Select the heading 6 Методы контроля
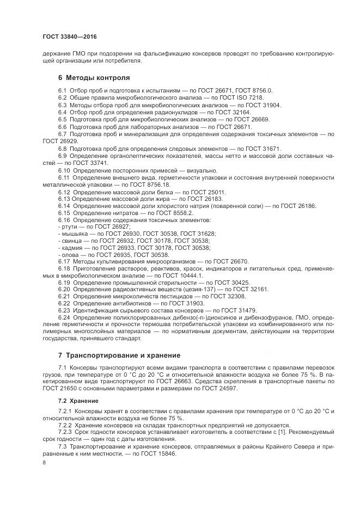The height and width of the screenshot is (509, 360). pos(94,78)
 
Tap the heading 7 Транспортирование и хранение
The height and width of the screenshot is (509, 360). pos(119,355)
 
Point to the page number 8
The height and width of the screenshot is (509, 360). pos(44,462)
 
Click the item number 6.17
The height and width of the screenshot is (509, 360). pos(64,261)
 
